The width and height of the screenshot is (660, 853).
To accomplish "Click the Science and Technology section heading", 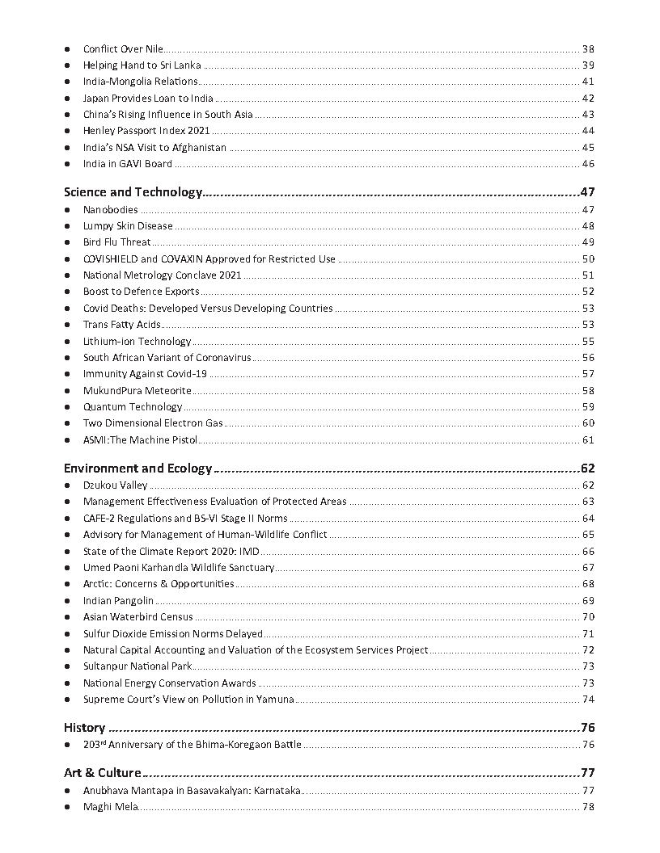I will click(133, 192).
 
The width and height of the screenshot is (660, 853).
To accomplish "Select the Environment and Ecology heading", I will click(137, 469).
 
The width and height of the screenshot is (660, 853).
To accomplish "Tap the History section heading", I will click(84, 727).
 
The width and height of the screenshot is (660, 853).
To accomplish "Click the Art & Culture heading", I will click(103, 773).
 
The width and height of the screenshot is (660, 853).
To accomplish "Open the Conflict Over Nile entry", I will click(123, 48).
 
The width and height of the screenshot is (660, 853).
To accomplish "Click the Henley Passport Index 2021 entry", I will click(146, 131).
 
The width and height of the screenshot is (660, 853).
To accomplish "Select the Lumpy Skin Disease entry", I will click(128, 226).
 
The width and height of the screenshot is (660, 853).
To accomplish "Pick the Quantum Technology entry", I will click(133, 407).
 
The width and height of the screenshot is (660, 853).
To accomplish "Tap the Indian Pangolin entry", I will click(118, 601).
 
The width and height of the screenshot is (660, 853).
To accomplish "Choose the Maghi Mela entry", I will click(111, 807).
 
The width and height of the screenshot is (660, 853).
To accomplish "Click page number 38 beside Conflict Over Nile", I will click(588, 48).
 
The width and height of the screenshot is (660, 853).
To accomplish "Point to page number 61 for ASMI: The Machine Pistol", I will click(588, 440).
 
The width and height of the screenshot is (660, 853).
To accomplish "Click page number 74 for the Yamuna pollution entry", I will click(588, 700).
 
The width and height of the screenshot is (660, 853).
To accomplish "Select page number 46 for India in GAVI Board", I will click(588, 164).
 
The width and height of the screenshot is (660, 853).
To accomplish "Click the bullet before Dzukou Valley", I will click(67, 485).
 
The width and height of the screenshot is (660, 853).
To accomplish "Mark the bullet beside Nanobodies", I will click(67, 210).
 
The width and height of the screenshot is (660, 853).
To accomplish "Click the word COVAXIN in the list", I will click(182, 259).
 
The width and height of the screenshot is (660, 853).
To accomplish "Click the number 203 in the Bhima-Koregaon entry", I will click(90, 745).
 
